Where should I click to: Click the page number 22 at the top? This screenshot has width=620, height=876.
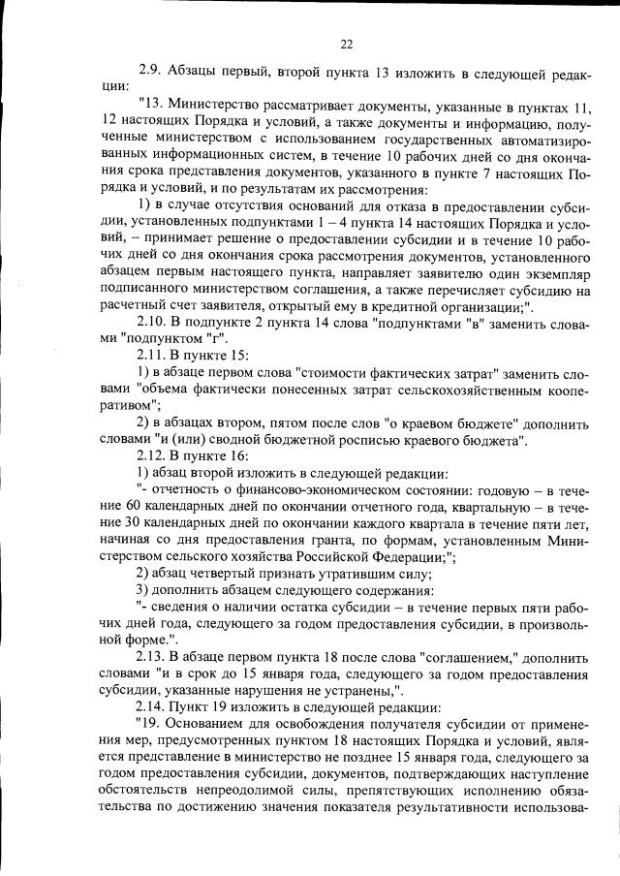click(x=346, y=43)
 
